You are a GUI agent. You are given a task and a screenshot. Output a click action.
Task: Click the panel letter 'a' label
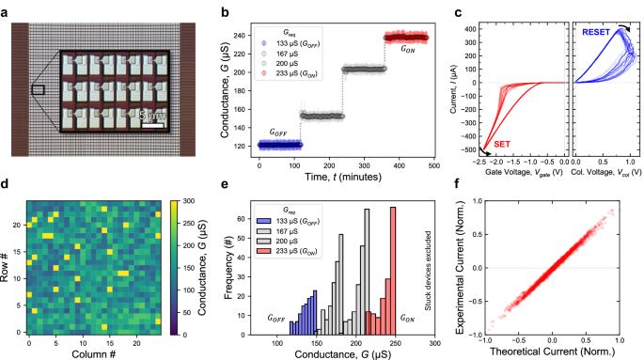[x=6, y=11]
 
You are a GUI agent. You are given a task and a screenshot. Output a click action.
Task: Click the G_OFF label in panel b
[x=283, y=133]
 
